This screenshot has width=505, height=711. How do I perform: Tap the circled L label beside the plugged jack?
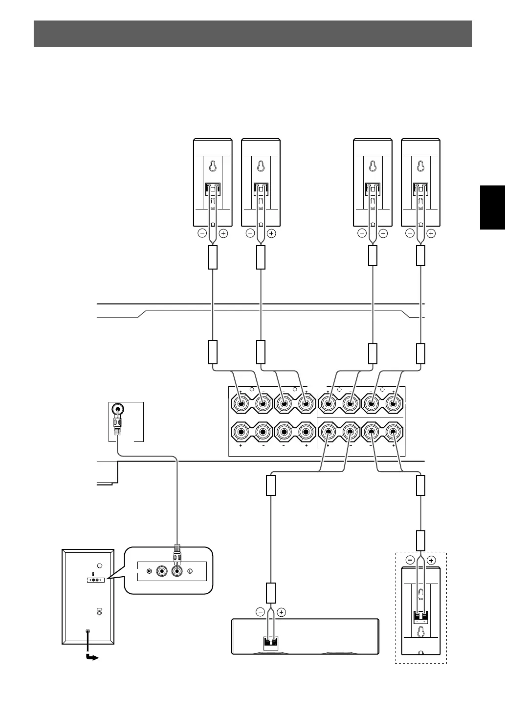pyautogui.click(x=190, y=571)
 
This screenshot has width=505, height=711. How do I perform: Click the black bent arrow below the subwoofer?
pyautogui.click(x=91, y=657)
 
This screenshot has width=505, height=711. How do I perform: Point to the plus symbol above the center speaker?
pyautogui.click(x=281, y=612)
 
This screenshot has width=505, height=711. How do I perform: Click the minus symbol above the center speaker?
pyautogui.click(x=260, y=612)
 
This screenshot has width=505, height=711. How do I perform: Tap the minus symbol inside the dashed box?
pyautogui.click(x=410, y=561)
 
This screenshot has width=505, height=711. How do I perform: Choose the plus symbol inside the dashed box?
pyautogui.click(x=431, y=561)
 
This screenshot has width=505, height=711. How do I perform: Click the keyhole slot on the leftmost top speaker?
pyautogui.click(x=213, y=166)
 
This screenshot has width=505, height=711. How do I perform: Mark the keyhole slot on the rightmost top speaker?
pyautogui.click(x=420, y=166)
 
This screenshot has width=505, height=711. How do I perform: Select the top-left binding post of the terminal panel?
pyautogui.click(x=241, y=404)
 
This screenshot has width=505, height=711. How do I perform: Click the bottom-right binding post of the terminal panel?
pyautogui.click(x=393, y=432)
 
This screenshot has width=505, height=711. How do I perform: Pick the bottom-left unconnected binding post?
pyautogui.click(x=241, y=432)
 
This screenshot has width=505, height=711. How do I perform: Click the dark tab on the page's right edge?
pyautogui.click(x=492, y=207)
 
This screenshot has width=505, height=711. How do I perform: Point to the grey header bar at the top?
pyautogui.click(x=252, y=34)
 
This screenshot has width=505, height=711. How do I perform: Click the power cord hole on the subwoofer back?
pyautogui.click(x=88, y=632)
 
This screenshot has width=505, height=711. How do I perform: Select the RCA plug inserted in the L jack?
pyautogui.click(x=176, y=558)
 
